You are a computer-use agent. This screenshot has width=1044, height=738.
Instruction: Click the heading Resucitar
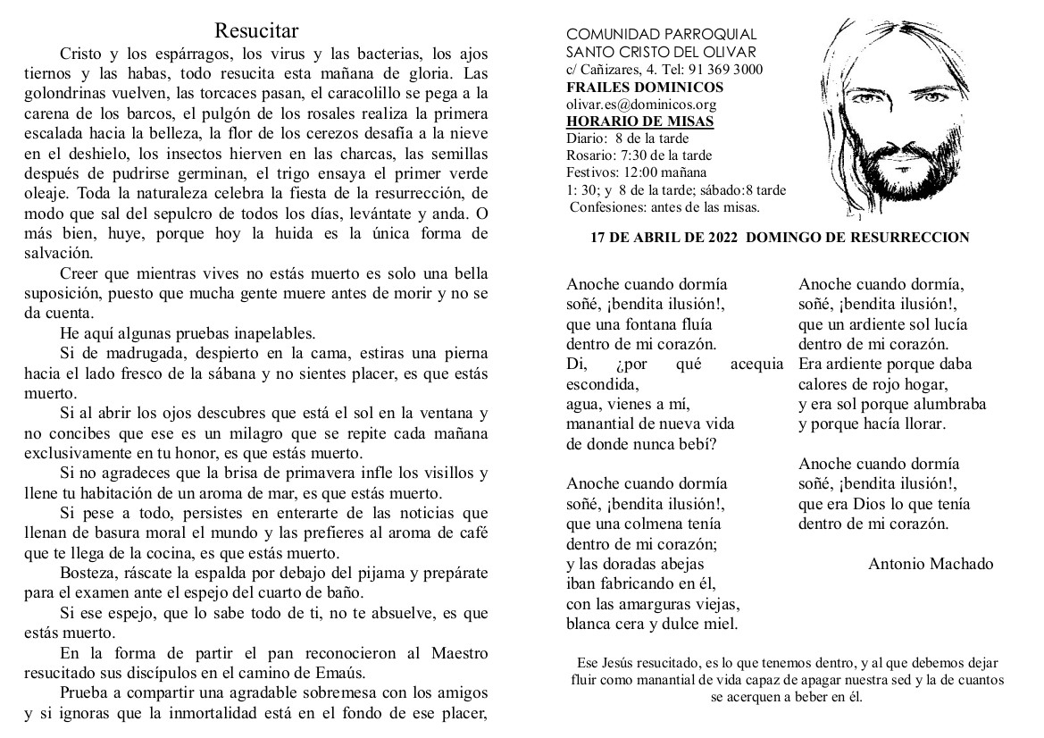click(x=256, y=33)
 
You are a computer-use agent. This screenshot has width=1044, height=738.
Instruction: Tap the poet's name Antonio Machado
click(x=930, y=564)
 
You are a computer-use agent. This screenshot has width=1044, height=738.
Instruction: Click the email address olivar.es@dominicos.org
click(x=635, y=105)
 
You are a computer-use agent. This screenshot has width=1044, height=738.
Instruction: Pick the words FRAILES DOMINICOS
click(x=632, y=88)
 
